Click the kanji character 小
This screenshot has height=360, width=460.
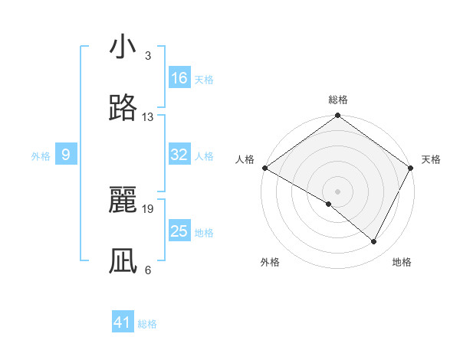click(123, 47)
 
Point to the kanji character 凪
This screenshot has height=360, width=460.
click(123, 261)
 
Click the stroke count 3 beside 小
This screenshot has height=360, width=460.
click(147, 56)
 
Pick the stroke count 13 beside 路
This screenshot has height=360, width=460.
click(148, 117)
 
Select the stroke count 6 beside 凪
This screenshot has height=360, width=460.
click(147, 270)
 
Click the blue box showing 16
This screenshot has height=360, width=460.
click(179, 78)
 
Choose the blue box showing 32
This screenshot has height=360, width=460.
click(179, 155)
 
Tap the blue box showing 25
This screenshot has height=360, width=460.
click(179, 231)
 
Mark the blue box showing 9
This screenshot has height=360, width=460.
click(66, 155)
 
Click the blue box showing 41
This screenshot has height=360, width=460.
click(123, 322)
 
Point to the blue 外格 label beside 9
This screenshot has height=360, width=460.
click(41, 156)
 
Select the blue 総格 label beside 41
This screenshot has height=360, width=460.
click(147, 324)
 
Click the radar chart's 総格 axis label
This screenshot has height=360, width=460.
click(338, 100)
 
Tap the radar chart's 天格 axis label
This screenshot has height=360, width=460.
click(431, 159)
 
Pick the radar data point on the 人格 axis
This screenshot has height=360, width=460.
click(264, 168)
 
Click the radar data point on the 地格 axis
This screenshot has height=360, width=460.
click(374, 241)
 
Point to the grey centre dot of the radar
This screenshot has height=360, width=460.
click(338, 191)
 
